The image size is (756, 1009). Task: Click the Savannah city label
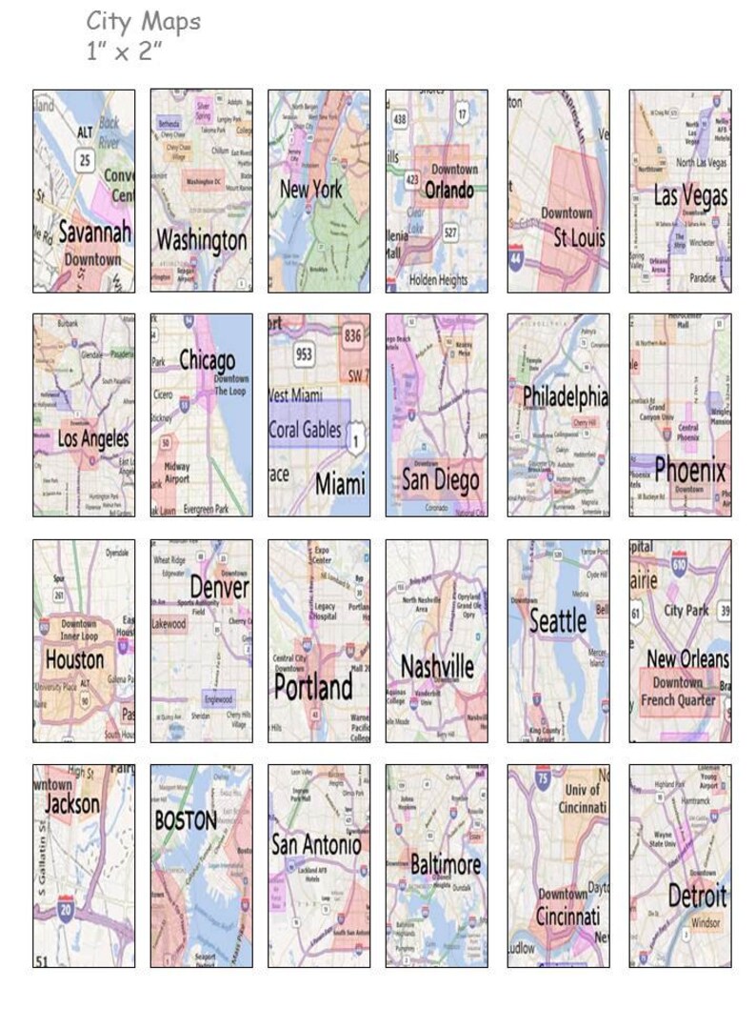click(x=93, y=232)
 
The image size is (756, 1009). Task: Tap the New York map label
click(x=310, y=189)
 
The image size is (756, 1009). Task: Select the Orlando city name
click(x=448, y=190)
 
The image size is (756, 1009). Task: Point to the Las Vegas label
click(x=690, y=197)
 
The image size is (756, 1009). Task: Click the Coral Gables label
click(x=305, y=431)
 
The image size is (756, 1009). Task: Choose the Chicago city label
click(x=207, y=361)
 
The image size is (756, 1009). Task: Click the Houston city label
click(x=75, y=659)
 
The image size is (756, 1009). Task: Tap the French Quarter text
click(x=677, y=700)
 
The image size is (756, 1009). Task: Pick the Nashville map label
click(x=436, y=666)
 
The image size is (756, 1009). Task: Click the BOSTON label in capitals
click(x=186, y=820)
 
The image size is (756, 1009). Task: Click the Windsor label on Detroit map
click(x=706, y=923)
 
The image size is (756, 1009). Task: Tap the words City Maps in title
click(x=144, y=20)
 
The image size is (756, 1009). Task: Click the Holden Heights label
click(x=438, y=280)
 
